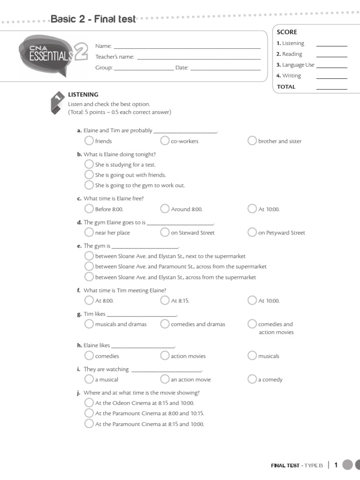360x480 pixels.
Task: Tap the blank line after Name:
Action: pos(187,47)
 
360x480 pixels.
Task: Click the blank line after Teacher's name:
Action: pos(198,59)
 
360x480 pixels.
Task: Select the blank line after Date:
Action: pos(225,69)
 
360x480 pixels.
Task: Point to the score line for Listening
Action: pos(332,45)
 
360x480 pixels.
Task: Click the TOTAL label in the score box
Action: pos(286,87)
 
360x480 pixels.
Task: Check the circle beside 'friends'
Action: pos(89,141)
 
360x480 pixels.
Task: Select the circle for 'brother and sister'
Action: pos(252,141)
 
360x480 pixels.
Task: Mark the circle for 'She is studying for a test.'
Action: pos(89,164)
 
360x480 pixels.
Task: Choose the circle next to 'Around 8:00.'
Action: pos(165,209)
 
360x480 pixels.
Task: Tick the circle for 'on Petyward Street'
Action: pos(252,232)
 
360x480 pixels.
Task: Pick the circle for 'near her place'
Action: pos(89,232)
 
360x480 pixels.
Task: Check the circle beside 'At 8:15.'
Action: pos(165,300)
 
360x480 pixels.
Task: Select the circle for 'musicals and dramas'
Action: pos(89,324)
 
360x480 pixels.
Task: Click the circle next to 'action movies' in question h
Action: pos(165,356)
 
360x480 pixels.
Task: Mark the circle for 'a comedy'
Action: pos(252,379)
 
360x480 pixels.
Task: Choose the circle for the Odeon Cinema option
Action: pos(89,403)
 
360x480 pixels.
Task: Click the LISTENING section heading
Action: pos(83,94)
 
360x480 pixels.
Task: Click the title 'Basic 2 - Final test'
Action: pos(93,19)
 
